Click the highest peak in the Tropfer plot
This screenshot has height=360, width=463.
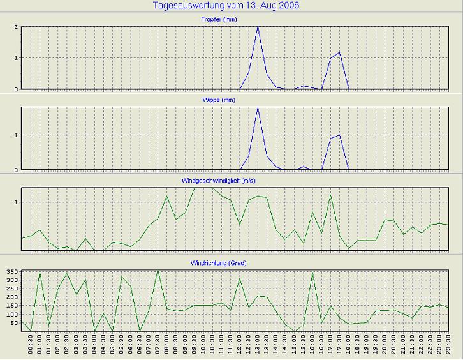pos(258,27)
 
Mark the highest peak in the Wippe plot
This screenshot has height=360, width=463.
pos(258,107)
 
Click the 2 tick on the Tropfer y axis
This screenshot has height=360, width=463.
pos(16,27)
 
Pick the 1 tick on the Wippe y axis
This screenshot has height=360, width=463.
pos(16,135)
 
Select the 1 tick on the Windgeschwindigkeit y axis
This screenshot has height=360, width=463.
pos(16,202)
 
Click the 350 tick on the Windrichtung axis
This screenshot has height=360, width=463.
pos(11,273)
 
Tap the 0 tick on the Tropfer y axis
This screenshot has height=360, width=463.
pos(16,89)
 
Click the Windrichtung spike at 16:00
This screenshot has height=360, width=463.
pos(312,273)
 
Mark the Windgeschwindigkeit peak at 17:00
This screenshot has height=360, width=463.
pos(330,195)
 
